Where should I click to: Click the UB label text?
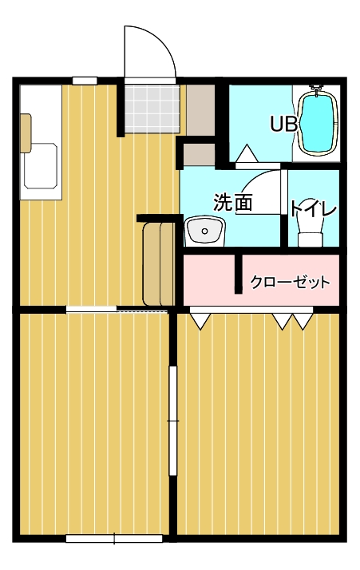283,124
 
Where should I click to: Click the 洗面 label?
233,202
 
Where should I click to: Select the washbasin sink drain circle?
204,231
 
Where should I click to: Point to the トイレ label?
313,208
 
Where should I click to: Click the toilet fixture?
311,229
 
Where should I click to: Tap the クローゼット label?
291,282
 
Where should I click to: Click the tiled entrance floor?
152,109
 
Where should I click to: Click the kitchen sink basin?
41,166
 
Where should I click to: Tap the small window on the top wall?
85,81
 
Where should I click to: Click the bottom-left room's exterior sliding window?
114,538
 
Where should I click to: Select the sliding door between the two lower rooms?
173,421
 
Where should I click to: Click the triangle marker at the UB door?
247,153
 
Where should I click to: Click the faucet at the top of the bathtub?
316,89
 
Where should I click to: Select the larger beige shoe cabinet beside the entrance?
200,109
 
